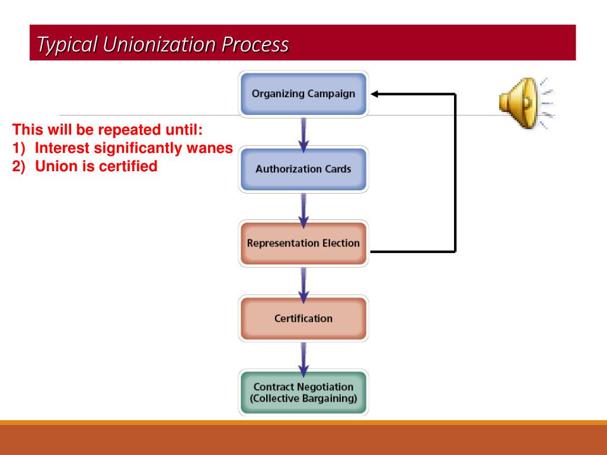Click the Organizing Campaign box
(x=303, y=94)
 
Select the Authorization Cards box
(x=303, y=169)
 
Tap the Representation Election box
(x=303, y=243)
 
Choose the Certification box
(x=303, y=319)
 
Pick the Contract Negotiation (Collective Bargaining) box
(x=303, y=393)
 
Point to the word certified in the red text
(x=128, y=166)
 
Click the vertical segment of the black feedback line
(x=455, y=172)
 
